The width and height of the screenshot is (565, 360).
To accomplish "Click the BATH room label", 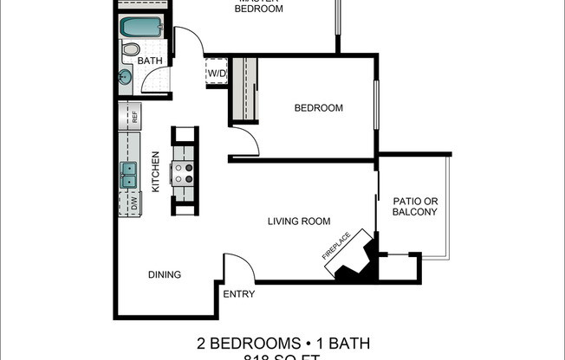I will [x=150, y=61].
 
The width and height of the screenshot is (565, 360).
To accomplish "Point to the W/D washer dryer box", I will [x=216, y=73].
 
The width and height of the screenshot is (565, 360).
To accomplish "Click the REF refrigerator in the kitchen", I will [x=134, y=114].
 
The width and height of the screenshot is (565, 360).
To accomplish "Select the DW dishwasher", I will [x=134, y=204].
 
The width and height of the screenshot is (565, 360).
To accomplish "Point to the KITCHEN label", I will [x=157, y=171].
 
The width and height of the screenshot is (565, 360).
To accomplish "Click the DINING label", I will [x=164, y=275].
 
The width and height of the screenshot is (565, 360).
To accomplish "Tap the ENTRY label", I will [x=238, y=294].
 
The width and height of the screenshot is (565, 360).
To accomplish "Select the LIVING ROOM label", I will [x=299, y=222].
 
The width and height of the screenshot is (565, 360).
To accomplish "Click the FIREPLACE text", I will [x=338, y=244].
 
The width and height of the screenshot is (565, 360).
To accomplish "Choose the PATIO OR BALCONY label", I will [x=414, y=206].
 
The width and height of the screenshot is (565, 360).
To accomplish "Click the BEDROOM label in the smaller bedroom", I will [x=318, y=108].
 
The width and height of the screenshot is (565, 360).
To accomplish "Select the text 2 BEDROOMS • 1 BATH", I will [x=283, y=344].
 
